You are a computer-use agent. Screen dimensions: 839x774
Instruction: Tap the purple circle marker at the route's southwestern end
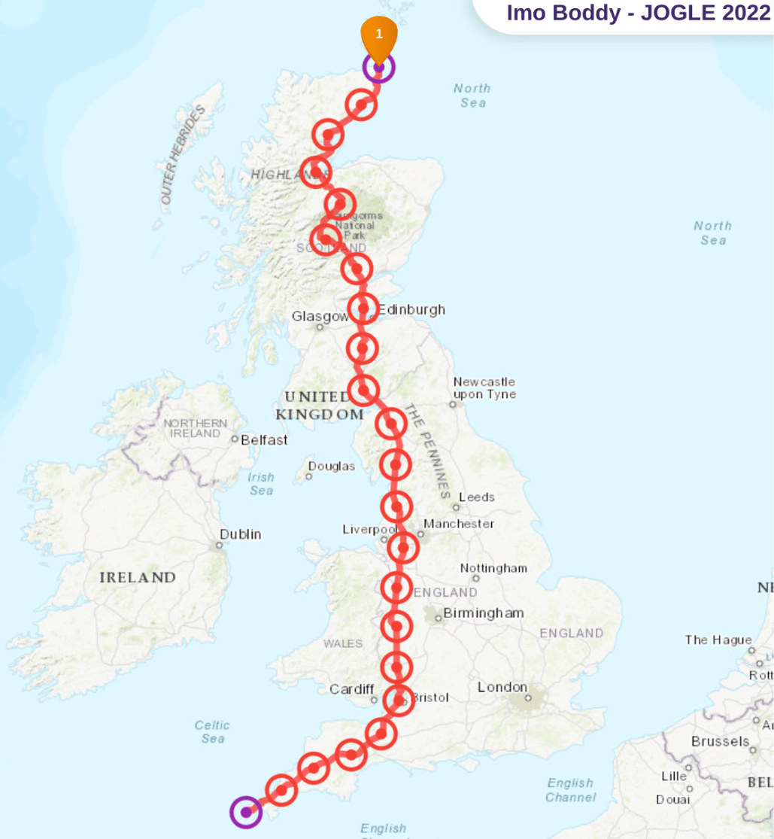[245, 812]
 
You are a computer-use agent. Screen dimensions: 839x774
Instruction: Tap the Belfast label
[263, 439]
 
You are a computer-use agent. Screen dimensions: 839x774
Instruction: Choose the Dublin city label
[240, 534]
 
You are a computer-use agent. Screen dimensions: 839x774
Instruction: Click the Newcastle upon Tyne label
[484, 388]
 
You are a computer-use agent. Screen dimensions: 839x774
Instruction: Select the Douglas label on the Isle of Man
[331, 467]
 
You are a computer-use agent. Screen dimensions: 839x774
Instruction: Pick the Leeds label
[477, 497]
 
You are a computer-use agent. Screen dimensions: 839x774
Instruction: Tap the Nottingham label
[493, 568]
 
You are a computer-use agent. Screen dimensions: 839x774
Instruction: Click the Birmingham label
[483, 613]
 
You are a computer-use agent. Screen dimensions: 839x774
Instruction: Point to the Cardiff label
[351, 689]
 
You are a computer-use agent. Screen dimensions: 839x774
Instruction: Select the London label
[502, 687]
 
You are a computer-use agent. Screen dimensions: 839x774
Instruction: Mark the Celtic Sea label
[212, 732]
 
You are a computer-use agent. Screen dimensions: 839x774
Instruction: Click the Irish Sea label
[261, 484]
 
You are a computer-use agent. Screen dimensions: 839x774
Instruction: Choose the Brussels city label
[720, 741]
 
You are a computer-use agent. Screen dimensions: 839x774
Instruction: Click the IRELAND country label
[138, 578]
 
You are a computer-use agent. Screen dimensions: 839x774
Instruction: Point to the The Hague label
[718, 640]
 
